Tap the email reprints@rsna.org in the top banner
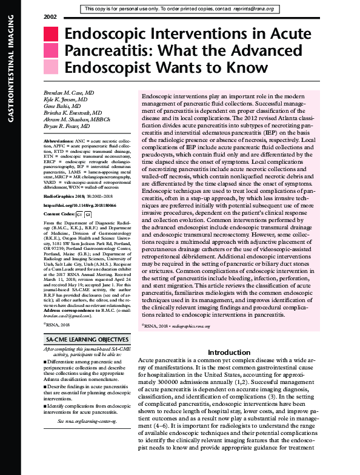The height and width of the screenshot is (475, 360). tap(257, 9)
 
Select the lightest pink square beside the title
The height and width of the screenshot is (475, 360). tap(51, 67)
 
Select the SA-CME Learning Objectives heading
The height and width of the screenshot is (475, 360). tap(87, 339)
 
